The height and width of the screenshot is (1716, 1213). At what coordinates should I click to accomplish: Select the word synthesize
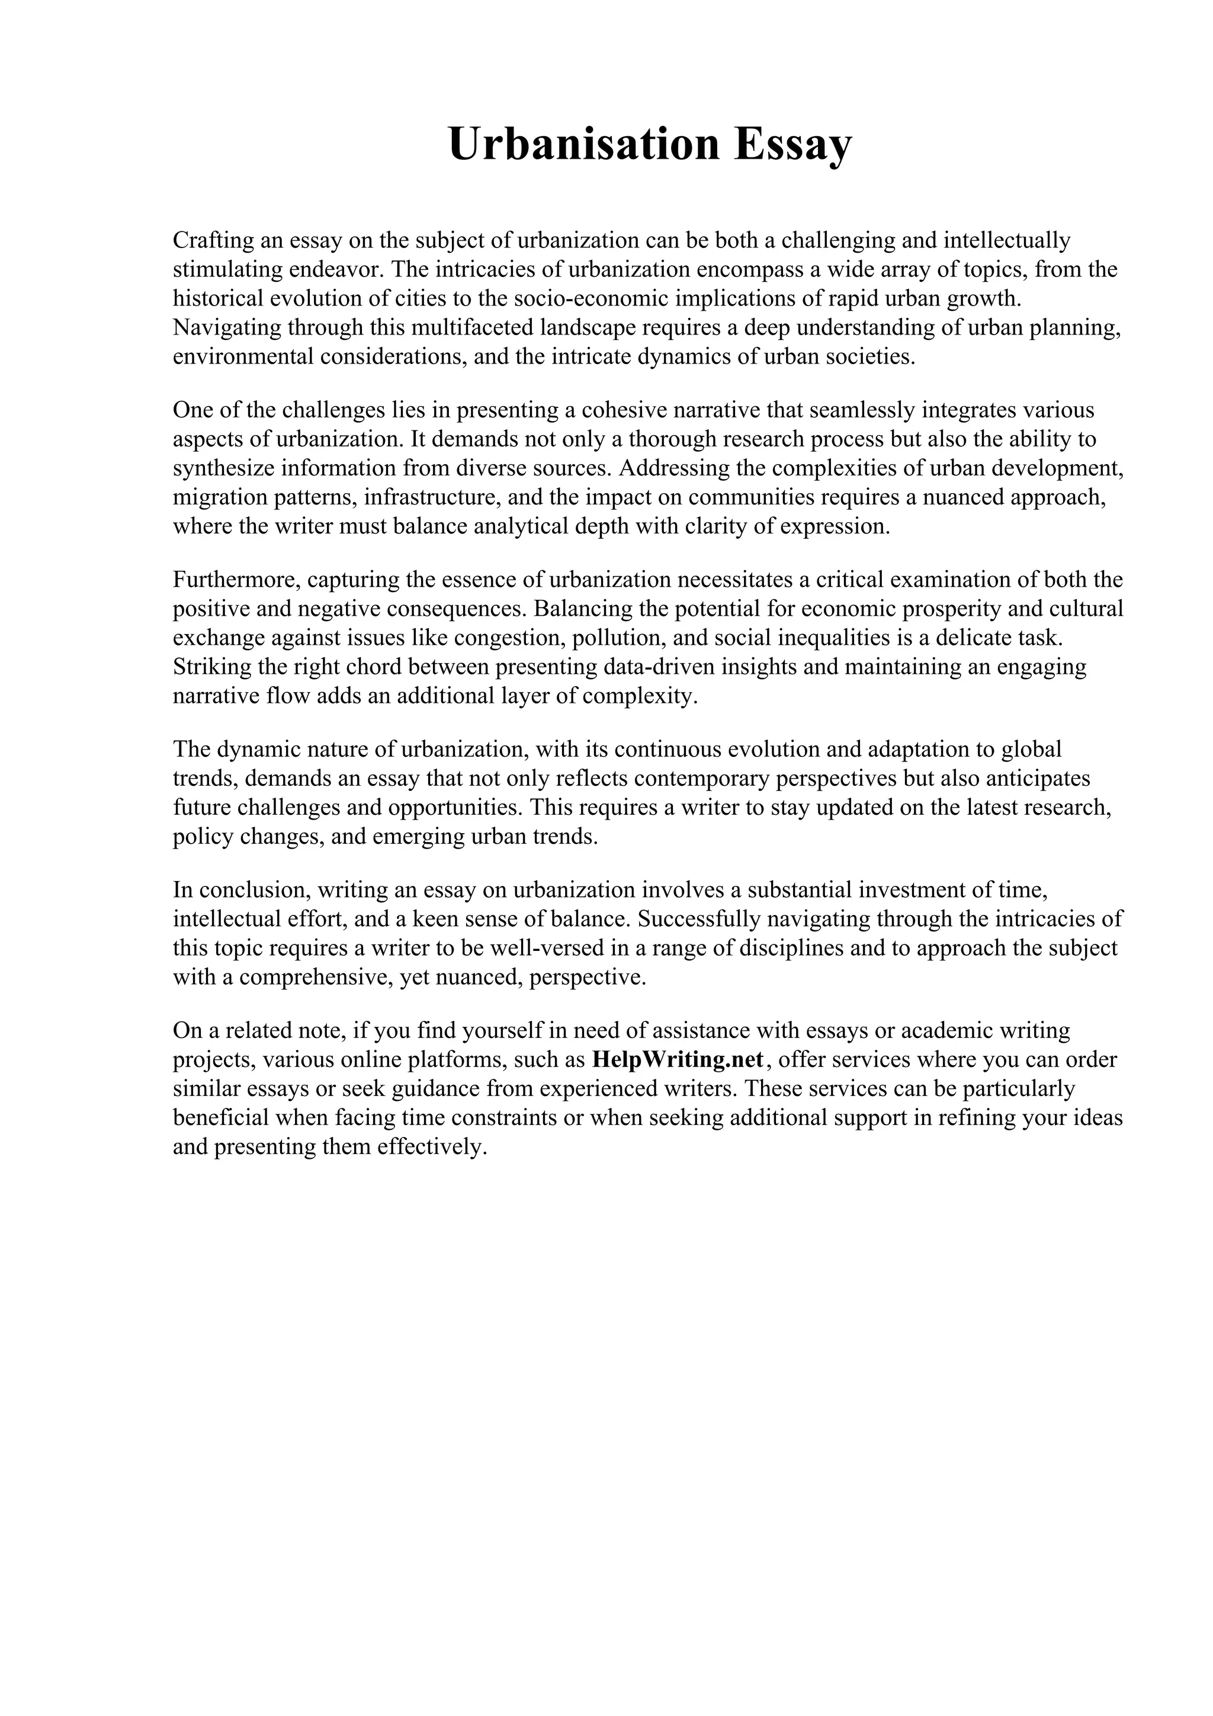(223, 468)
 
